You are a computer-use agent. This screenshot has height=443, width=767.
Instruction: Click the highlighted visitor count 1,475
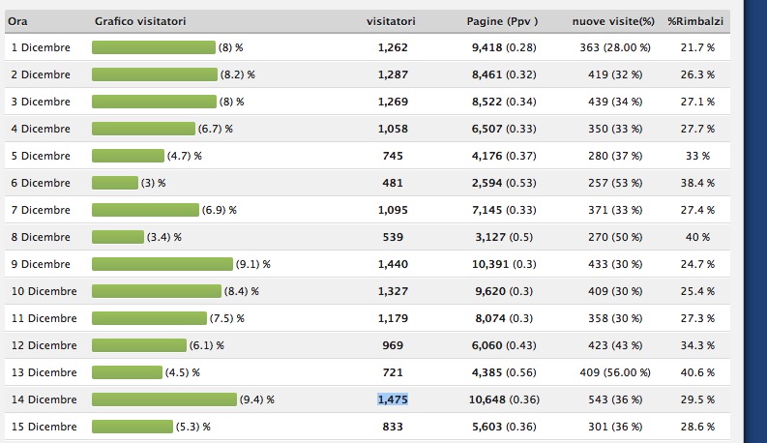(393, 399)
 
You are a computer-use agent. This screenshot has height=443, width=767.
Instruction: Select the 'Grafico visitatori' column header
(140, 21)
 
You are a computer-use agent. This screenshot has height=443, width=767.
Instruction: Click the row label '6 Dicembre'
(40, 183)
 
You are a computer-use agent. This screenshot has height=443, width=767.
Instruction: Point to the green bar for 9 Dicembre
(162, 264)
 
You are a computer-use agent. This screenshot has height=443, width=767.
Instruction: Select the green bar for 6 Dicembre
(115, 183)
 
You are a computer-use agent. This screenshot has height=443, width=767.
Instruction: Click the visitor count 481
(393, 183)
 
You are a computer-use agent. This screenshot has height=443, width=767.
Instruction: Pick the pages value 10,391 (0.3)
(503, 264)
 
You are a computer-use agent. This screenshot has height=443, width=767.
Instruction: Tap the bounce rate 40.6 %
(697, 372)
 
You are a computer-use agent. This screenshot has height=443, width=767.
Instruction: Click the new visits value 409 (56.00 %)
(613, 372)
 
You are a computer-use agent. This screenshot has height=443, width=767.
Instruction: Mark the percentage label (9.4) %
(257, 399)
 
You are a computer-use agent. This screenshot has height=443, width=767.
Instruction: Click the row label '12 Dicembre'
(43, 345)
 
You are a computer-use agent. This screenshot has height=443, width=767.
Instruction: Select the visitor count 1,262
(393, 47)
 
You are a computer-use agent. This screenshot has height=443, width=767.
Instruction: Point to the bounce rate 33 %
(697, 156)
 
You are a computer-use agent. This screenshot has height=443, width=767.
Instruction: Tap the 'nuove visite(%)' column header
(612, 21)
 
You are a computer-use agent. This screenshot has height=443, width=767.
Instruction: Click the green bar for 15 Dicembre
(133, 427)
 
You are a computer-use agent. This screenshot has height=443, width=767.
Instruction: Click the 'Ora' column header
(17, 21)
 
